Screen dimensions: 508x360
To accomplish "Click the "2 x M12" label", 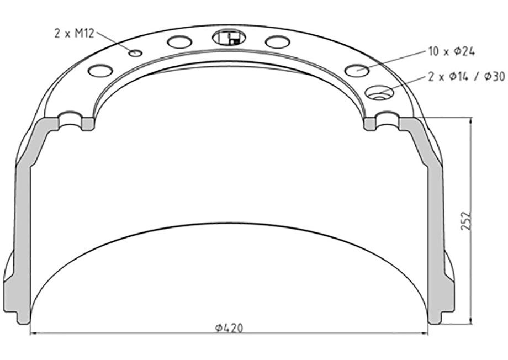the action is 74,33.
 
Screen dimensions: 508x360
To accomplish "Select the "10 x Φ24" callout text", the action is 452,51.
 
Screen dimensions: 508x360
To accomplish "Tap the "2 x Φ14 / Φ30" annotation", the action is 467,76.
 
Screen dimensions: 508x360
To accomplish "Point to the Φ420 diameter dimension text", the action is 229,328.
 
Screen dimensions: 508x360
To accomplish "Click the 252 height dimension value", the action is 465,221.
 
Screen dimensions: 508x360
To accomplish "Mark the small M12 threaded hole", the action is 135,53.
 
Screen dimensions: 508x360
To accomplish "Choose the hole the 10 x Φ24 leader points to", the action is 357,70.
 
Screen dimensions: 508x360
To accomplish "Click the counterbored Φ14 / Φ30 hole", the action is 379,92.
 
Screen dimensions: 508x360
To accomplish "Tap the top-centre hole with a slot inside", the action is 229,38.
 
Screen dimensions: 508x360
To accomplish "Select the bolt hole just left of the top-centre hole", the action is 180,42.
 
